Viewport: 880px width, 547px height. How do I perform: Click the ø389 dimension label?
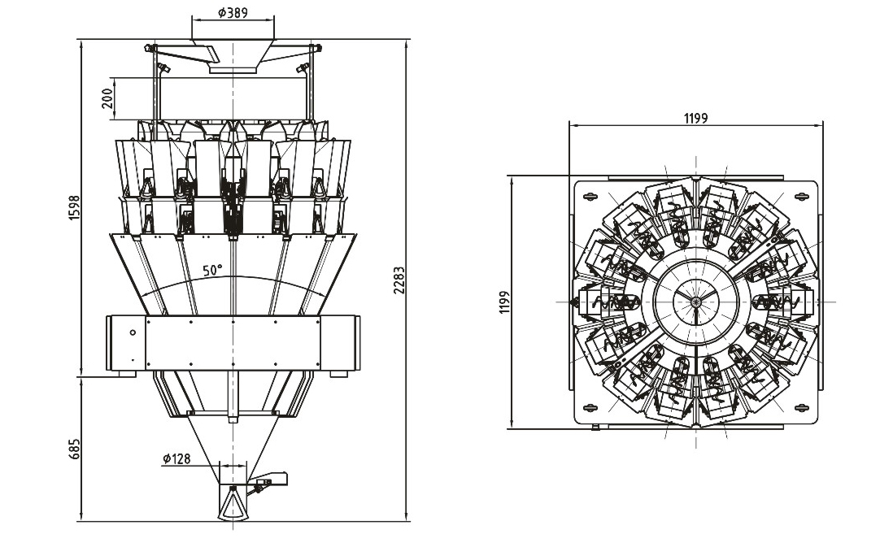(x=233, y=13)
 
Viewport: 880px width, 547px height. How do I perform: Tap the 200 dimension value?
(x=107, y=98)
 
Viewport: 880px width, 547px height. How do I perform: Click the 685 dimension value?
(x=74, y=449)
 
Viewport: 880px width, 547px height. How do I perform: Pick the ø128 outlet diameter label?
(x=176, y=459)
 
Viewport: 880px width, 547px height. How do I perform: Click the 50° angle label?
(x=213, y=271)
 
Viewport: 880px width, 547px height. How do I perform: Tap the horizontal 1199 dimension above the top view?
(x=695, y=118)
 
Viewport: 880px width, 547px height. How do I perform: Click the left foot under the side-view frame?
(x=123, y=373)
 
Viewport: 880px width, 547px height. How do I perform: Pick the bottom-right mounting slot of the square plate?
(x=803, y=407)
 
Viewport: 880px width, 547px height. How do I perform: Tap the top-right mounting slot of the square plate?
(x=803, y=195)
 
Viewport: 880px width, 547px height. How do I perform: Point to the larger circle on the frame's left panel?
(x=133, y=332)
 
